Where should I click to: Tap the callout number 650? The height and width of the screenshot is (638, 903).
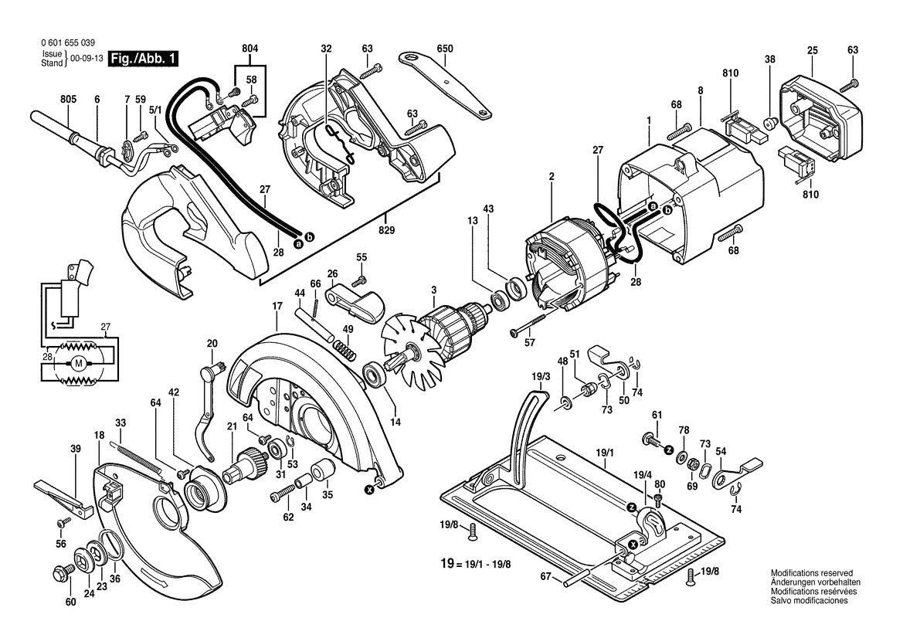coord(444,49)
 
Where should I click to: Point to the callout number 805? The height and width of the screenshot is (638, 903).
coord(69,99)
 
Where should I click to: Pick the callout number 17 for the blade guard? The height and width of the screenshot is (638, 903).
coord(276,306)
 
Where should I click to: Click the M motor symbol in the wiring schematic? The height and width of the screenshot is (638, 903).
coord(77,363)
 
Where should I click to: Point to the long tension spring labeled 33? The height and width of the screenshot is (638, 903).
coord(139,456)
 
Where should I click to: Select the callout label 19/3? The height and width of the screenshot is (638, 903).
coord(540,376)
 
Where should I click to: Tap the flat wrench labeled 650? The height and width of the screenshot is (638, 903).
coord(446,84)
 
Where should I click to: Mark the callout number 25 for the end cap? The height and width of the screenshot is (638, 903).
coord(812,50)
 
